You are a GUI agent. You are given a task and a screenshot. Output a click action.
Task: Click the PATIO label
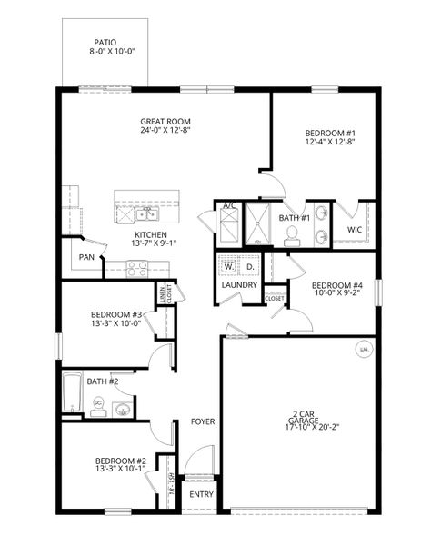point(105,42)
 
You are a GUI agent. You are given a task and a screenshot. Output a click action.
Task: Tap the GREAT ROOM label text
point(165,121)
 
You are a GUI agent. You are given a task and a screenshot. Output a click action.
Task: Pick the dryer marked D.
point(248,268)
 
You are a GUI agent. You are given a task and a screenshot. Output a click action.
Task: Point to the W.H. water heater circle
point(364,348)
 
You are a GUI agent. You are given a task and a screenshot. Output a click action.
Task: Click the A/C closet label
point(230,207)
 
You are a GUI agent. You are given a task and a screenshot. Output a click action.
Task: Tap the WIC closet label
point(356,230)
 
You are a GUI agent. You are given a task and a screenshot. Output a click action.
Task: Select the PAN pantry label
point(87,257)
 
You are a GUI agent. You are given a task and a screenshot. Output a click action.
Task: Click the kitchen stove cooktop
point(137,268)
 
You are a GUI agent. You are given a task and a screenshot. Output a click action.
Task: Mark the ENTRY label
point(200,495)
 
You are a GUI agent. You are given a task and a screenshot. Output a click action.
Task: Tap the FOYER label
point(203,421)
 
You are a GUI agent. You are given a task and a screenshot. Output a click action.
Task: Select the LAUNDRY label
point(239,286)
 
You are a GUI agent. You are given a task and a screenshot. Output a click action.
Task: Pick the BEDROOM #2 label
point(121,461)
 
